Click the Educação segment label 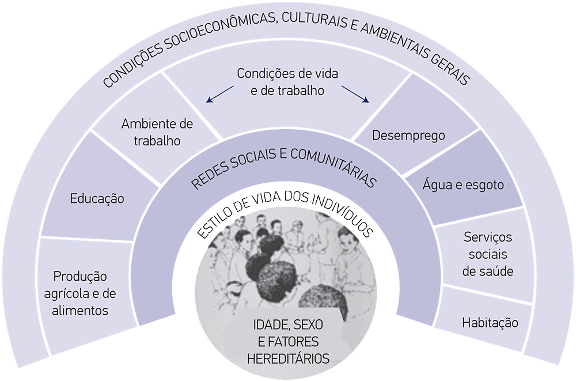(97, 199)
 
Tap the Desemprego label (408, 136)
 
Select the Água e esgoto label (463, 185)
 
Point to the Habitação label (490, 323)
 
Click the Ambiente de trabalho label (157, 133)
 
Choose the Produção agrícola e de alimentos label (80, 293)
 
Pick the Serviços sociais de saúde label (488, 254)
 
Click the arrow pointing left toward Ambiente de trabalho (220, 94)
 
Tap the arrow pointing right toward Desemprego (355, 94)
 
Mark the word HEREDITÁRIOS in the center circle (288, 358)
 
